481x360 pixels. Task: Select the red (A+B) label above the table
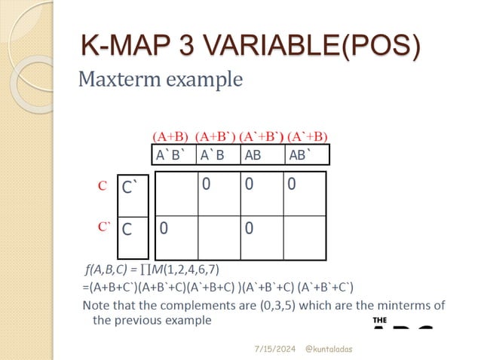point(170,136)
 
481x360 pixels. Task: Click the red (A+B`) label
point(215,136)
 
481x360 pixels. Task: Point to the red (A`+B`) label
point(261,136)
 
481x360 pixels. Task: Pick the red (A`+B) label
point(309,136)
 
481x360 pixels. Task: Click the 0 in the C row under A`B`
point(163,226)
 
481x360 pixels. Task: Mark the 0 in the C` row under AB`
point(291,183)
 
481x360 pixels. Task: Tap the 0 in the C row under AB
point(248,226)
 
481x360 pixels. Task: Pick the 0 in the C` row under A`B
point(205,183)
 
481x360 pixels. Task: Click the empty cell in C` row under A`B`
point(176,194)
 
